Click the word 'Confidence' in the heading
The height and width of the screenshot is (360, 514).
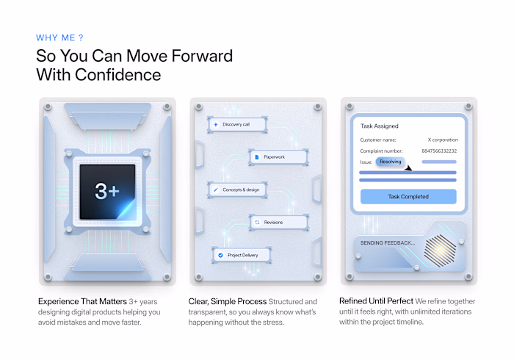(126, 74)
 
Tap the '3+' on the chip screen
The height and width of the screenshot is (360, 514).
(106, 191)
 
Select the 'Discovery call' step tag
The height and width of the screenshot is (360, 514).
(233, 125)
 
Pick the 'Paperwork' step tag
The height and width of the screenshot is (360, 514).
(271, 156)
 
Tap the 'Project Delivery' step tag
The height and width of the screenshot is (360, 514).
(240, 255)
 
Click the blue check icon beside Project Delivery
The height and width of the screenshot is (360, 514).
(220, 255)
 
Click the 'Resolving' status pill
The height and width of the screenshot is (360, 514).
(390, 162)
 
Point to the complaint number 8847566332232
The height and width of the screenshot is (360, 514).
(439, 151)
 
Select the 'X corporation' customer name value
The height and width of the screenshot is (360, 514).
(443, 140)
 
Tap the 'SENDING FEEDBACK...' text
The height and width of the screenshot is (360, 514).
(385, 242)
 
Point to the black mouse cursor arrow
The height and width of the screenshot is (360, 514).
(408, 167)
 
